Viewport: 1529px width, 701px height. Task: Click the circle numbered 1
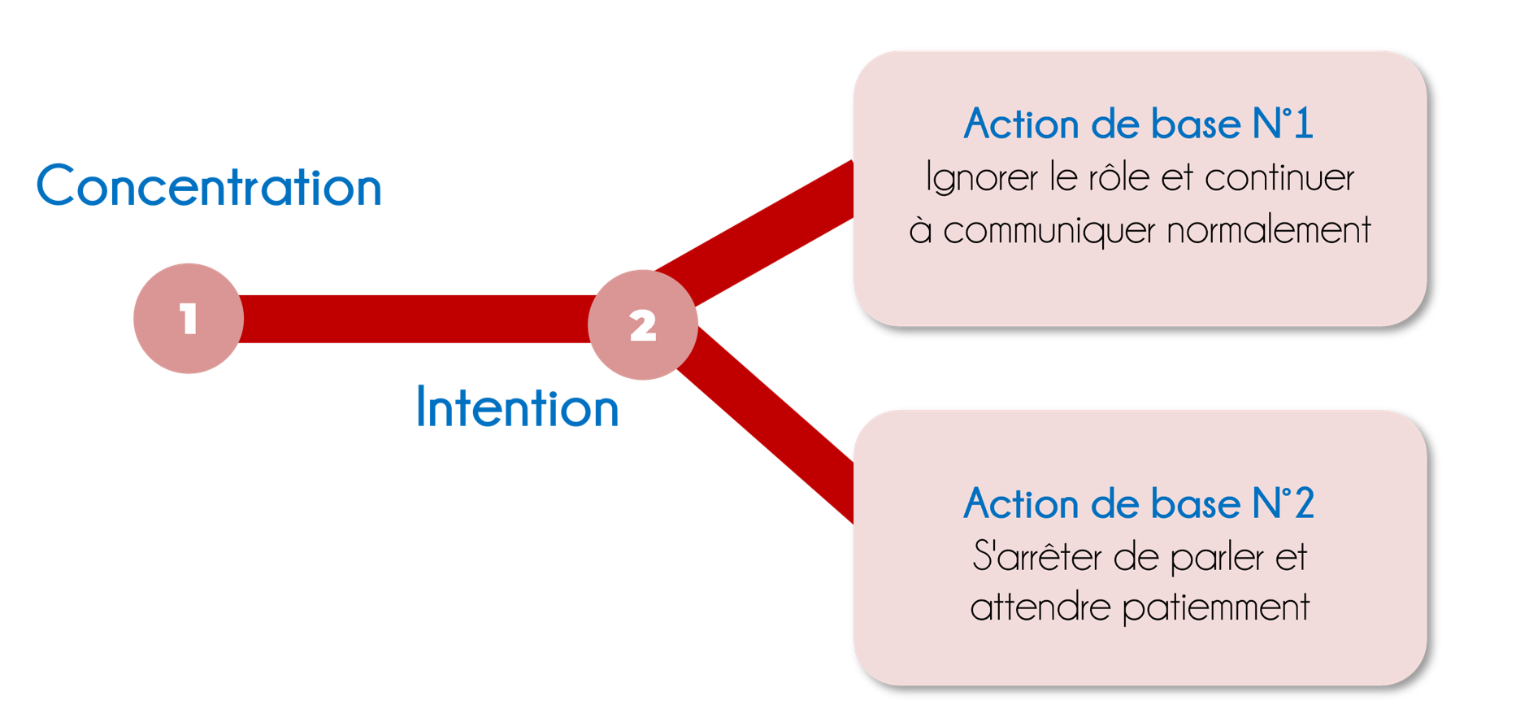[189, 318]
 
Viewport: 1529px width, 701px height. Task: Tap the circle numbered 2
[643, 324]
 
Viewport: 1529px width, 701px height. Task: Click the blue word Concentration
[209, 186]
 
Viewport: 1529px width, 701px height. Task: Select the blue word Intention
[517, 407]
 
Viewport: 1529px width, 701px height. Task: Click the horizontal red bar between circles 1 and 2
[415, 319]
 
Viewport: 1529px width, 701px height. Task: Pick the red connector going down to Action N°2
[772, 423]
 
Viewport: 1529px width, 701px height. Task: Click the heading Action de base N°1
[1138, 124]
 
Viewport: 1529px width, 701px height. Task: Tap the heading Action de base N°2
[1138, 503]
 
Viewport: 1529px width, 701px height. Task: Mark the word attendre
[1040, 607]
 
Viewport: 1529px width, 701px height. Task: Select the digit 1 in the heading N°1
[1303, 124]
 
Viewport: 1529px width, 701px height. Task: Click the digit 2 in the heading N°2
[1304, 503]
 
